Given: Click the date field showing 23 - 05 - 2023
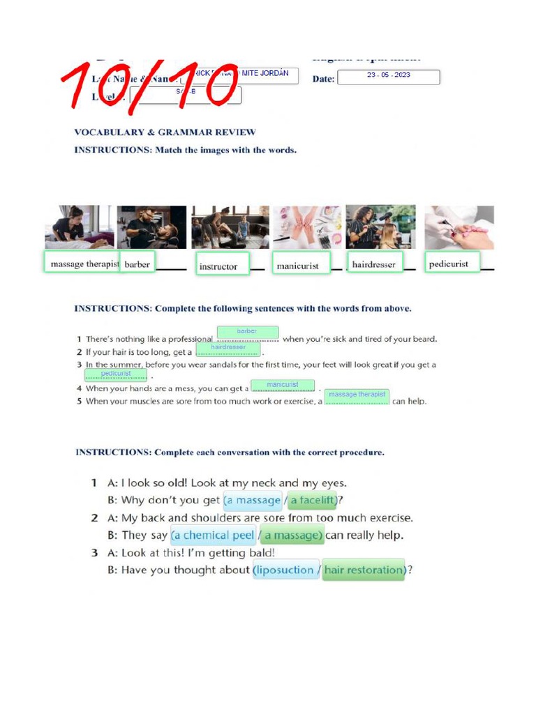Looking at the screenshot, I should pyautogui.click(x=388, y=77).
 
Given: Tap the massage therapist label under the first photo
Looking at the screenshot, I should pyautogui.click(x=82, y=263).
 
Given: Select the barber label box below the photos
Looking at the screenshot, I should pyautogui.click(x=137, y=264).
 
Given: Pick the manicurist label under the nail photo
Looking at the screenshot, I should pyautogui.click(x=300, y=265).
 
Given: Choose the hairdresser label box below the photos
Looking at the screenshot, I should pyautogui.click(x=375, y=264).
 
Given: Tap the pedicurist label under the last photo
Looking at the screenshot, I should pyautogui.click(x=452, y=263).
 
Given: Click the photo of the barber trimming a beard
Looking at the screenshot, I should pyautogui.click(x=151, y=227).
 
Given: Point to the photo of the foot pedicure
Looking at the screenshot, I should pyautogui.click(x=459, y=227).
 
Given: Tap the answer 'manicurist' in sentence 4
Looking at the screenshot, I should pyautogui.click(x=282, y=385).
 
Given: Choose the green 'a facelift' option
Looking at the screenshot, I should pyautogui.click(x=313, y=500).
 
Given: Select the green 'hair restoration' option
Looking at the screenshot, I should pyautogui.click(x=364, y=570).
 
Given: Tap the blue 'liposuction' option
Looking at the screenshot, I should pyautogui.click(x=285, y=570).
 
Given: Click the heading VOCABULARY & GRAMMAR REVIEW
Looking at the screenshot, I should pyautogui.click(x=165, y=132).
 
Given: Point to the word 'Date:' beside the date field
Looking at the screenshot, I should pyautogui.click(x=323, y=79).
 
